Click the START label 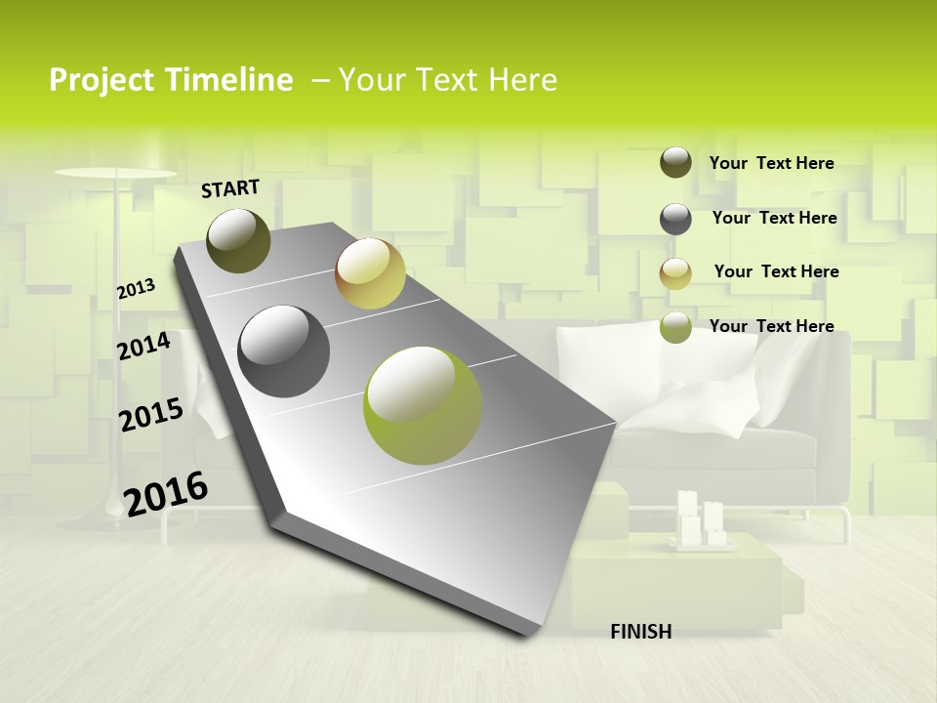[x=230, y=188]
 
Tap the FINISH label [x=640, y=632]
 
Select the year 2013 [x=137, y=288]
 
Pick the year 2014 [x=143, y=346]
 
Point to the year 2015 [x=151, y=415]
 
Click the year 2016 [x=166, y=493]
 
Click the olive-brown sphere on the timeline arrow [x=238, y=240]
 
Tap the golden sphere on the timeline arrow [x=370, y=273]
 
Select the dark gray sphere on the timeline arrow [x=283, y=351]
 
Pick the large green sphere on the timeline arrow [x=423, y=404]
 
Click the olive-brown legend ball [x=675, y=162]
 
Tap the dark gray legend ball [x=675, y=218]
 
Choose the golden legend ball [x=675, y=272]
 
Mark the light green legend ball [x=675, y=327]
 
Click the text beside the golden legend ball [x=776, y=271]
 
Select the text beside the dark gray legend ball [x=774, y=218]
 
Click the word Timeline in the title [x=228, y=80]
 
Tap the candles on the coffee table [x=702, y=518]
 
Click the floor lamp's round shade [x=102, y=174]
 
